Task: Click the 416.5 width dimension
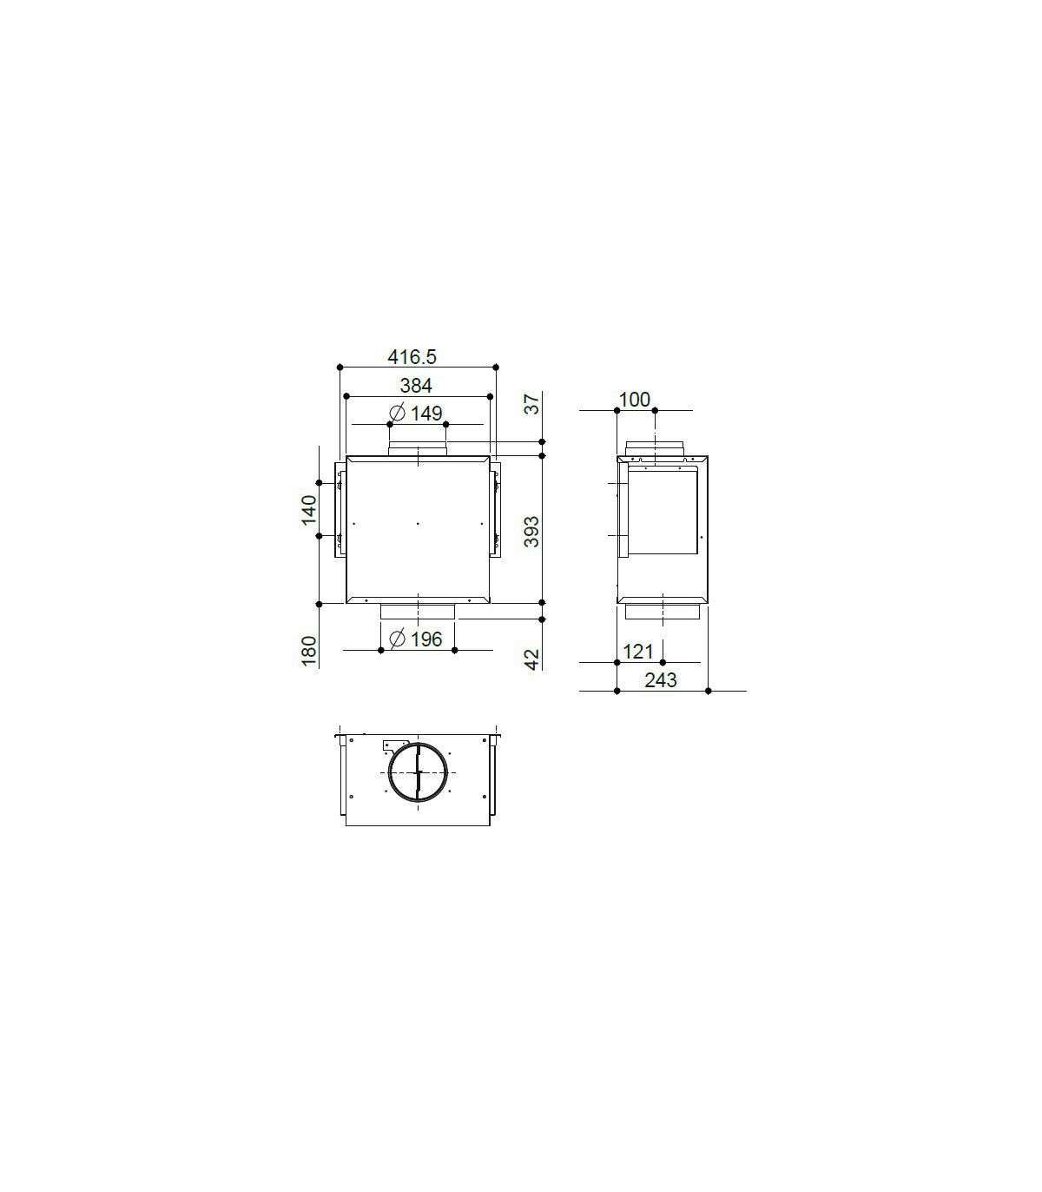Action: (x=412, y=356)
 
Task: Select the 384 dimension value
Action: (x=416, y=386)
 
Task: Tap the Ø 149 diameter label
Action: (x=416, y=414)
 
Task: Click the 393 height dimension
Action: (x=532, y=532)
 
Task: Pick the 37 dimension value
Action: (x=532, y=404)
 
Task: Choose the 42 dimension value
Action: (x=532, y=659)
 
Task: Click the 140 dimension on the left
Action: (x=309, y=510)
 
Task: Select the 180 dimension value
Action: (x=309, y=651)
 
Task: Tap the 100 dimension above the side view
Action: (x=635, y=400)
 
